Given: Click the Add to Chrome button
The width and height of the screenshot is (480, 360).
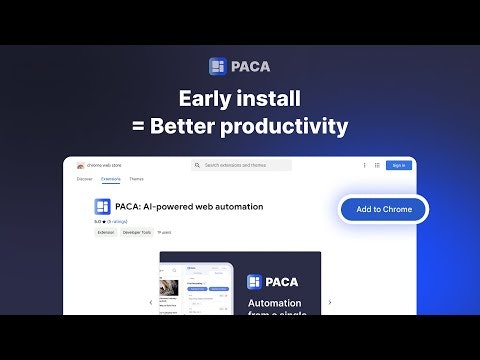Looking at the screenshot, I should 383,209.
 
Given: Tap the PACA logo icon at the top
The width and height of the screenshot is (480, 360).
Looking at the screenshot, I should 219,67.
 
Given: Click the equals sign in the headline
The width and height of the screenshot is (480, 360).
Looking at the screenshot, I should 138,127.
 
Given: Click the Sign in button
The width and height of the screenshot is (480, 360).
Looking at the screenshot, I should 397,165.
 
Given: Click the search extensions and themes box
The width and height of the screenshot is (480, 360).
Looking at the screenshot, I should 243,165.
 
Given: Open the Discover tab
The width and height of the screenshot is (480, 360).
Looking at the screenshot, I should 84,179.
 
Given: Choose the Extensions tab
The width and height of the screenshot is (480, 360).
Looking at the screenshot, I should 110,179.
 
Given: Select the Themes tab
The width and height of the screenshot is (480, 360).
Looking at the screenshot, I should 135,179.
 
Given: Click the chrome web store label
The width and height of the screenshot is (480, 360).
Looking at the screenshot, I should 103,165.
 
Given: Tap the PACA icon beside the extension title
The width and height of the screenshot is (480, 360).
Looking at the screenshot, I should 103,207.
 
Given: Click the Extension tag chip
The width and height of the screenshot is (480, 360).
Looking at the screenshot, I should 105,232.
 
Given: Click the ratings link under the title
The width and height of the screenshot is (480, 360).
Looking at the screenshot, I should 117,221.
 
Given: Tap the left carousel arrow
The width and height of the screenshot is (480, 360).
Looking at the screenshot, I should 151,302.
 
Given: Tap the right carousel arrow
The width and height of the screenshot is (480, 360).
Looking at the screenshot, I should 330,302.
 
